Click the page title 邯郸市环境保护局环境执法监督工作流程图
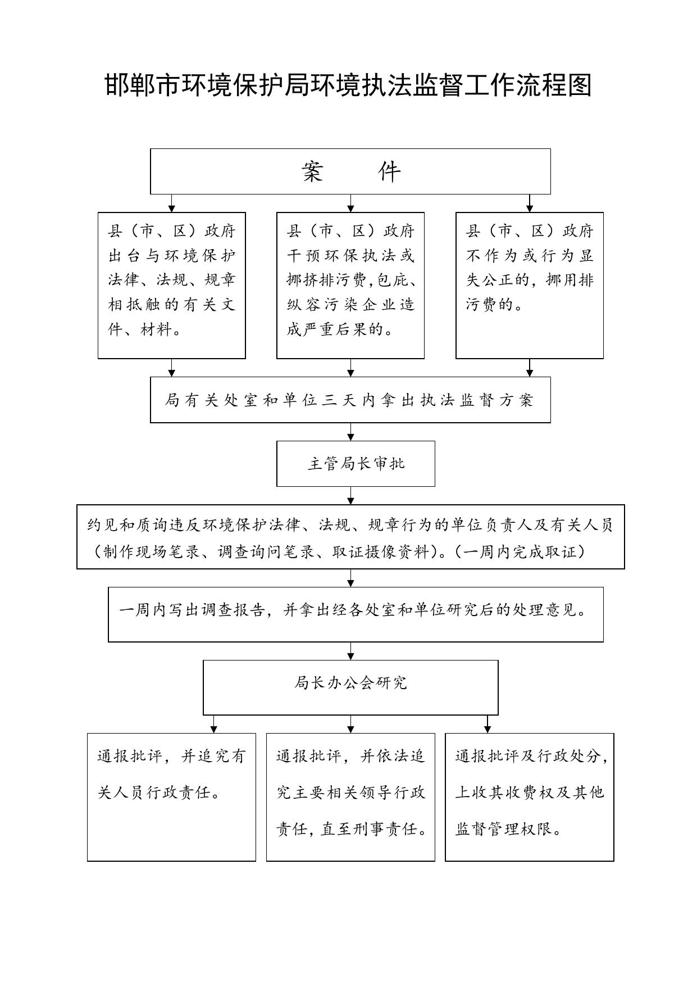point(348,85)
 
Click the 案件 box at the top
point(350,171)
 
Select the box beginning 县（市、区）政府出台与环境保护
point(172,285)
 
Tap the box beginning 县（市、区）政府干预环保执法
point(350,285)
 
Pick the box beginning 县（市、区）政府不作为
point(530,285)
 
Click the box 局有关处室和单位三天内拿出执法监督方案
point(350,400)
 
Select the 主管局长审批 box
point(356,464)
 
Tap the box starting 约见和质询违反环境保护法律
point(350,537)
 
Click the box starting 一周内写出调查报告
point(356,614)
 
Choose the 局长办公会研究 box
point(350,688)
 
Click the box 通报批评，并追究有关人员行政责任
point(171,797)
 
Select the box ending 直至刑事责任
point(350,797)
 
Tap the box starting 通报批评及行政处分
point(530,797)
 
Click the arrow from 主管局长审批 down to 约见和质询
point(351,496)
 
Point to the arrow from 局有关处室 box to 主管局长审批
point(351,432)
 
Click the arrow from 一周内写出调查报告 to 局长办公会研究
point(351,651)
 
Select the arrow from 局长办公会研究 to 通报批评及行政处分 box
point(488,724)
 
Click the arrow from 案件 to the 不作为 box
point(530,203)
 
